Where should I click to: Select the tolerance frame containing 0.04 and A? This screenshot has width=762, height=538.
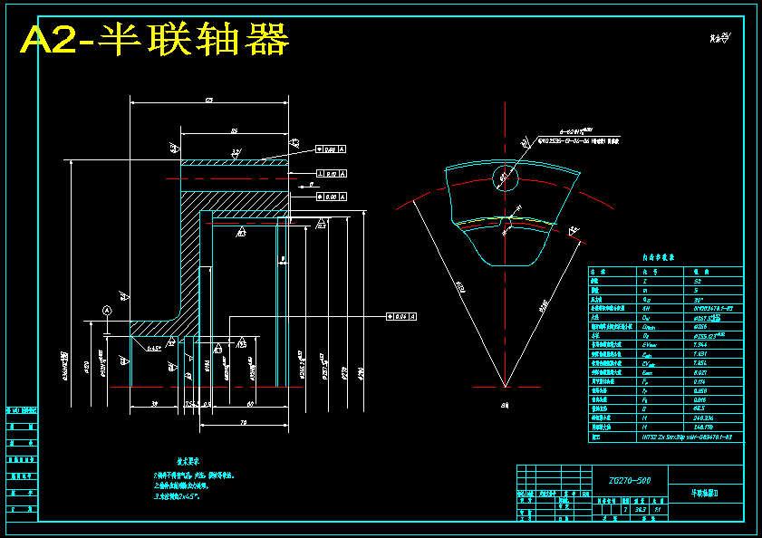[400, 316]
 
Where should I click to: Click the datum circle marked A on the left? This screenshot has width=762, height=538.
[107, 311]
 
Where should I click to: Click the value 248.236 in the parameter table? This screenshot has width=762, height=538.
[692, 418]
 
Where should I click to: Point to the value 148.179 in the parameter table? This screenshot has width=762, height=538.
[692, 427]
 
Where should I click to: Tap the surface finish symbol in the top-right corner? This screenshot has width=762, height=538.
[721, 37]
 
